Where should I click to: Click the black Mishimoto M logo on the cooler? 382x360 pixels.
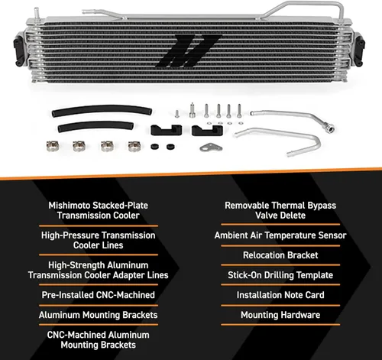(189, 51)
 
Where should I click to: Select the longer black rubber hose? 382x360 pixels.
(102, 110)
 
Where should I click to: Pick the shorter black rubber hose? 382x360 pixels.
(95, 126)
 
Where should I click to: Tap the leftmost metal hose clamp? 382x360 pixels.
(53, 146)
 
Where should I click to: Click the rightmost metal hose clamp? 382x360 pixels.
(134, 146)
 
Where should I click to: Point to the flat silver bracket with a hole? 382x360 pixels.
(211, 148)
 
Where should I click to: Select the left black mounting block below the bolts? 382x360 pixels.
(166, 130)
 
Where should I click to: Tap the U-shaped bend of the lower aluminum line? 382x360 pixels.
(317, 143)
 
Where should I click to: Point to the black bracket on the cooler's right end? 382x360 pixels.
(361, 50)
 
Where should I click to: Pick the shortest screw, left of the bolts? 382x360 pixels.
(177, 114)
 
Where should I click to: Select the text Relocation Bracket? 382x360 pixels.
(280, 255)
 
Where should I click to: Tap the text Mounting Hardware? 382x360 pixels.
(280, 315)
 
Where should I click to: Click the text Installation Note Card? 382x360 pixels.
(280, 295)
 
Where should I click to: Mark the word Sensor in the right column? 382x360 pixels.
(332, 235)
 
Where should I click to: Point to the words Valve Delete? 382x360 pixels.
(280, 216)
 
